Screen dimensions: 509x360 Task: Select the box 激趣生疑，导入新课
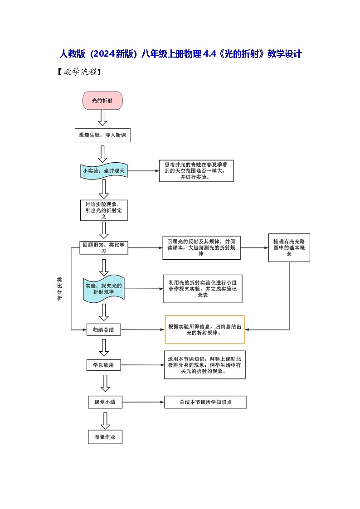[x=102, y=135]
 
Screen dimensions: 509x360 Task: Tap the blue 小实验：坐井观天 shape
[x=103, y=171]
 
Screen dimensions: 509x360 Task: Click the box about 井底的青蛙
[x=196, y=171]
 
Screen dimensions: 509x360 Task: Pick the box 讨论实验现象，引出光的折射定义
[x=104, y=210]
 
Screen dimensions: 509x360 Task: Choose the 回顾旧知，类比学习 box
[x=103, y=247]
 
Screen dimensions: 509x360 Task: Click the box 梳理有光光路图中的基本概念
[x=289, y=248]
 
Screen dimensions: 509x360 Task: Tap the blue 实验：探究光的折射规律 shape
[x=104, y=290]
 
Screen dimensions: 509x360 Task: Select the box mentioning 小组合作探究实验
[x=203, y=289]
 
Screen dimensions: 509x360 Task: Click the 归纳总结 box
[x=104, y=330]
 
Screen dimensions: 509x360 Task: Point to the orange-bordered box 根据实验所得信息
[x=204, y=330]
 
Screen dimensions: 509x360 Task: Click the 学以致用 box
[x=104, y=364]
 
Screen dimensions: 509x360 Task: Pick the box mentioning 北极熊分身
[x=204, y=364]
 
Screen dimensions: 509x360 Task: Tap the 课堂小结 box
[x=105, y=402]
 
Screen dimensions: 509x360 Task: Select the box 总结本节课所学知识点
[x=205, y=402]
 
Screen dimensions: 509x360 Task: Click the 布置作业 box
[x=105, y=437]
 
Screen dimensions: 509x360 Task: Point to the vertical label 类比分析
[x=59, y=289]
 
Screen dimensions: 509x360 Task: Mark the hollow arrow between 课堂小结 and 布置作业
[x=105, y=420]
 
